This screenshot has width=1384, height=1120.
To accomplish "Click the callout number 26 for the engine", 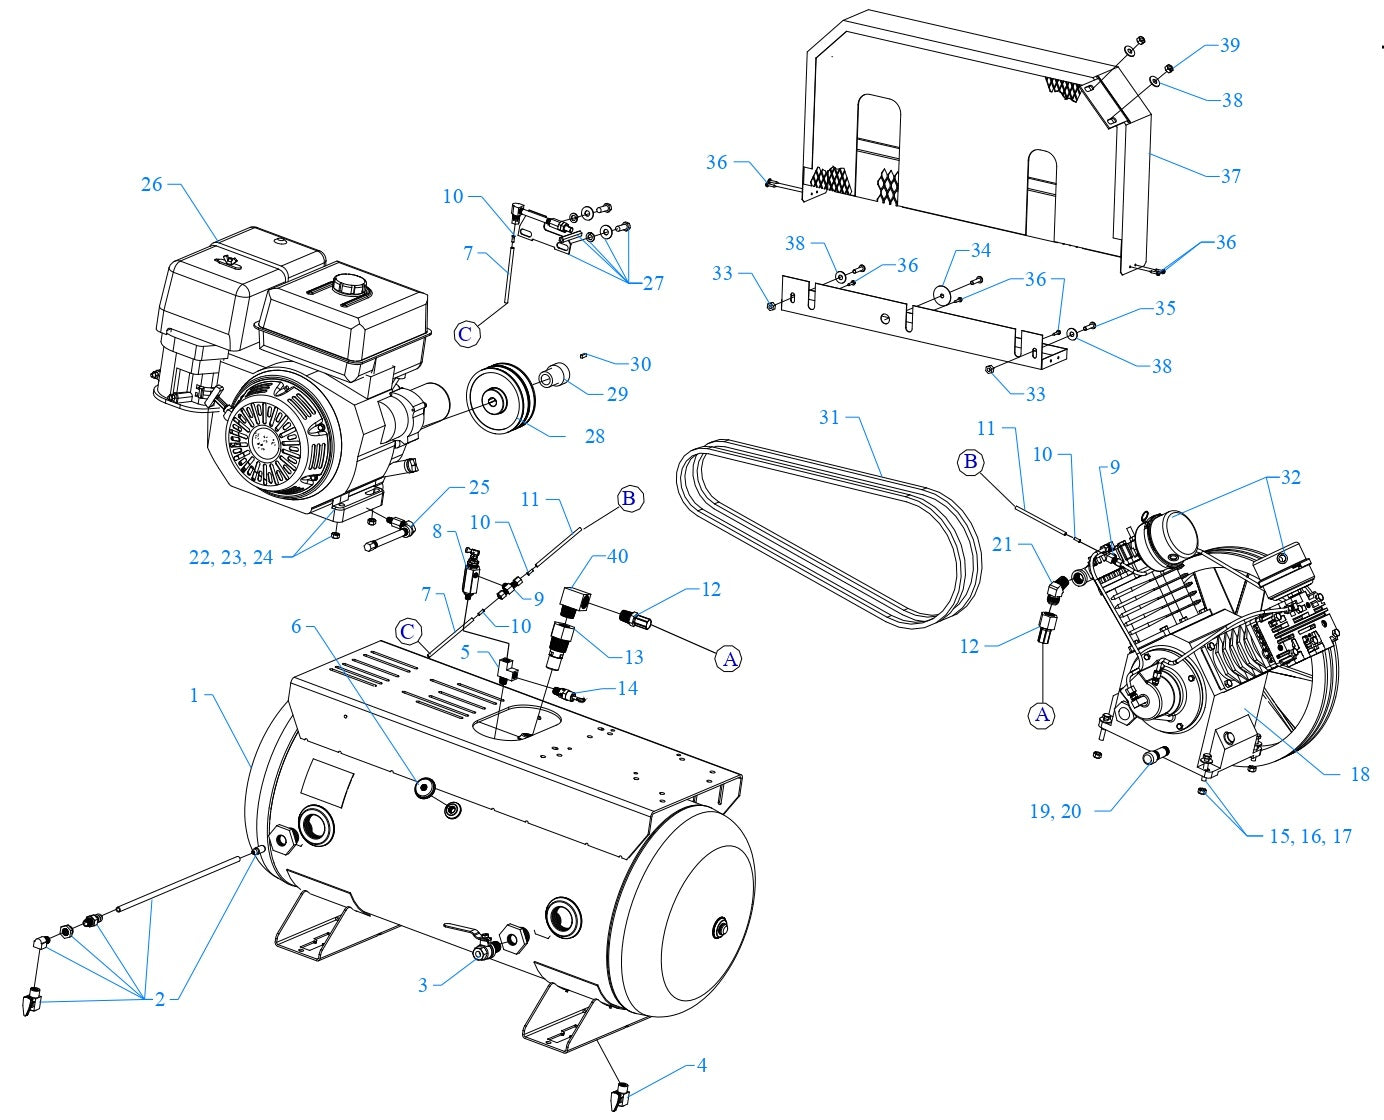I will (x=151, y=184).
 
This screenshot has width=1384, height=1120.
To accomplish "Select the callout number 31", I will (x=829, y=417).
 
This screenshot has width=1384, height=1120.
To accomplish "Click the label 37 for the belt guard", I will (x=1230, y=176).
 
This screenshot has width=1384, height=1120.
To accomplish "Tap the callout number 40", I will (x=618, y=556).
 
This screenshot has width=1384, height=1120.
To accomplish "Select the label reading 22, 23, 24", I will (x=231, y=558).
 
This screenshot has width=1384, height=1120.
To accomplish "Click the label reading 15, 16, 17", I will (x=1310, y=836).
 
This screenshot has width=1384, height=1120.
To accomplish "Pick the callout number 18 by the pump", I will (x=1359, y=774).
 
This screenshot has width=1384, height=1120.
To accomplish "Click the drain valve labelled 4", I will (x=621, y=1093).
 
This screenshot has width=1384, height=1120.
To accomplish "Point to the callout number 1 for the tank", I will (x=194, y=695).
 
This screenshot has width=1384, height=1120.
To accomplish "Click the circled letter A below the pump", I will (x=1042, y=714).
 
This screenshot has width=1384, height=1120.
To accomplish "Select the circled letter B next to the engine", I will (x=628, y=499).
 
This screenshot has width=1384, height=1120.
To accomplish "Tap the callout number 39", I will (x=1229, y=45).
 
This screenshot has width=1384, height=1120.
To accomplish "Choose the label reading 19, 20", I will (x=1055, y=811).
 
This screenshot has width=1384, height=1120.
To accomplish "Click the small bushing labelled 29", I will (x=553, y=378).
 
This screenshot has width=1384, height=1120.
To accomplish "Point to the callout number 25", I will (x=479, y=487).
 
